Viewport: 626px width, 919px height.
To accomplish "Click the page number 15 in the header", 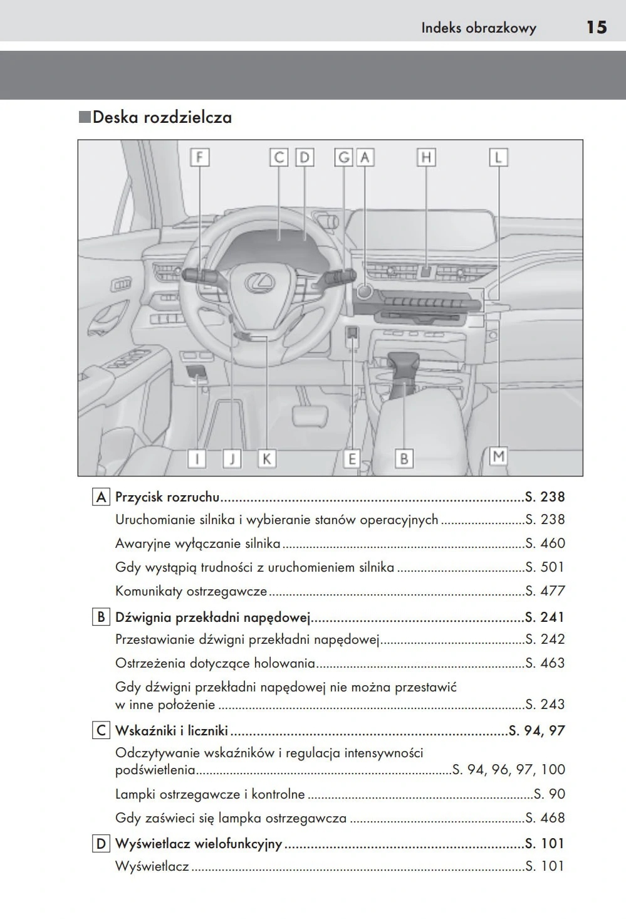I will (x=596, y=27).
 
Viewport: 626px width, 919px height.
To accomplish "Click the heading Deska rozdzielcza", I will (x=162, y=117).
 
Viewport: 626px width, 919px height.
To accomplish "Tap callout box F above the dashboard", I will (x=199, y=157).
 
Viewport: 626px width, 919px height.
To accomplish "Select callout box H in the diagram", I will (x=426, y=157).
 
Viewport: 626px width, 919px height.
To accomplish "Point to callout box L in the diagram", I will (x=498, y=157).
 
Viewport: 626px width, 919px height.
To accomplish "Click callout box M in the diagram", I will (x=498, y=456).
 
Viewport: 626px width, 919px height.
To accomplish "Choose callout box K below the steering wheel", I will (x=266, y=459).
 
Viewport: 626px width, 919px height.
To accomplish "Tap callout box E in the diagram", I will (x=352, y=459).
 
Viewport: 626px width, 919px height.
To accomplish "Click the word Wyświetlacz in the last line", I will (x=152, y=866).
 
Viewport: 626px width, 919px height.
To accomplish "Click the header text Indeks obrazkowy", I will (x=479, y=28).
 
